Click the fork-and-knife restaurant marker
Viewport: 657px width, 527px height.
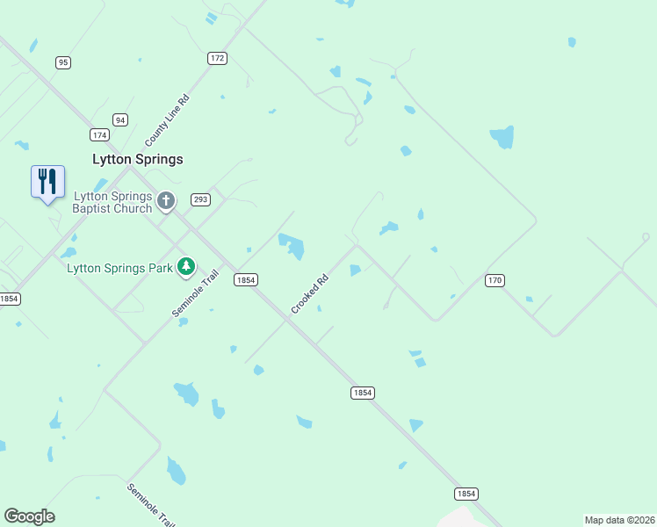point(47,182)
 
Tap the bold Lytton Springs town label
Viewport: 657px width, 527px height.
point(138,159)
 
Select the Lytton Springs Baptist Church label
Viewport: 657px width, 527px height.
point(112,203)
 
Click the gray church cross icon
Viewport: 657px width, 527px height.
point(166,203)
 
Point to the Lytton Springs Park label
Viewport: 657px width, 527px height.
point(119,267)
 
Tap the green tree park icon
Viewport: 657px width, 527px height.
point(185,266)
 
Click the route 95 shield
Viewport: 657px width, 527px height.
point(62,62)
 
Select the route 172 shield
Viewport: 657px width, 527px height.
point(218,58)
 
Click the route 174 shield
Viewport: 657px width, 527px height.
point(99,134)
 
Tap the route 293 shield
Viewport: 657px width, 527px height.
point(200,199)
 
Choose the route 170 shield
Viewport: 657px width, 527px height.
point(495,279)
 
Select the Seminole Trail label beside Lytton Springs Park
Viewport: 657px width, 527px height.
point(194,294)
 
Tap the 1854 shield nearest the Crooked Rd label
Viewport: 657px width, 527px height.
point(246,279)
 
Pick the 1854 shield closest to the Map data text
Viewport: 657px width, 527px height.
point(466,494)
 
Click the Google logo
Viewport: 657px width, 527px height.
point(29,516)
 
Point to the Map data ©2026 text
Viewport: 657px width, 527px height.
point(620,520)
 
